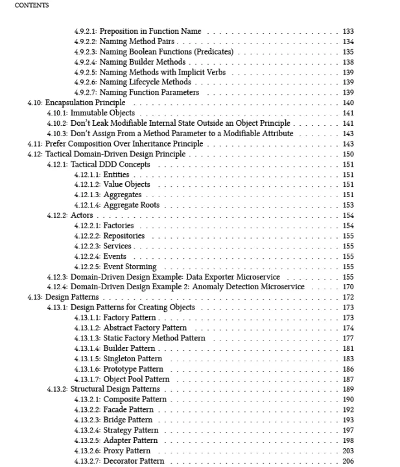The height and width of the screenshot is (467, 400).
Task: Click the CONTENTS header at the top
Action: click(31, 5)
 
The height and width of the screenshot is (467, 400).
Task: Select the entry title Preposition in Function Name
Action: click(150, 31)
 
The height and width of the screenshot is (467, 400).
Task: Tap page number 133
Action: click(348, 31)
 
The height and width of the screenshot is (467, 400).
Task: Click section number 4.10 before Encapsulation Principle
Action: click(34, 102)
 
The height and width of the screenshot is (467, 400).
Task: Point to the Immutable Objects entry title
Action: click(102, 113)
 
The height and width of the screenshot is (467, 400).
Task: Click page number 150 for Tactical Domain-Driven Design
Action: click(348, 154)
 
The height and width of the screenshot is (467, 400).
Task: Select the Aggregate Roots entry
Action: click(131, 205)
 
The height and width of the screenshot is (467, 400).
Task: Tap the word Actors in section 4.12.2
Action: click(82, 215)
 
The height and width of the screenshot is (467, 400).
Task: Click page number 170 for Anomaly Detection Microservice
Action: click(348, 287)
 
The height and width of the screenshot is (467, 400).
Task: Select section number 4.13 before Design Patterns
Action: click(34, 297)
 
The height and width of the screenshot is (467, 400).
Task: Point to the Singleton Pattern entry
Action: click(133, 359)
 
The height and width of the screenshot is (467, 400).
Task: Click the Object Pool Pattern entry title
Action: click(136, 379)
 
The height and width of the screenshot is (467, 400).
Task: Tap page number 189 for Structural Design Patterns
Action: click(348, 389)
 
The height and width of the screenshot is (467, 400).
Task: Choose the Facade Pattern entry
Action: click(128, 410)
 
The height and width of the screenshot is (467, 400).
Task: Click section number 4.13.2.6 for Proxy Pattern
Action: click(88, 451)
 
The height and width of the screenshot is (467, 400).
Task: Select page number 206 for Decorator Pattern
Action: click(348, 461)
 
